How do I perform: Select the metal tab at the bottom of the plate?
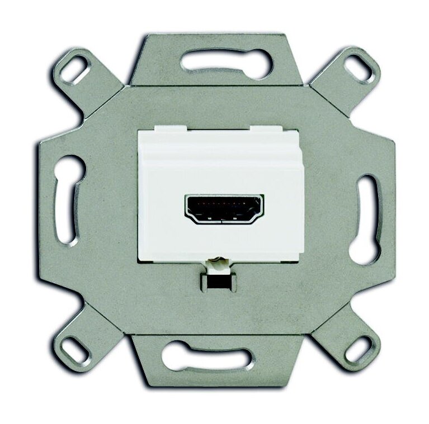[216, 371]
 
